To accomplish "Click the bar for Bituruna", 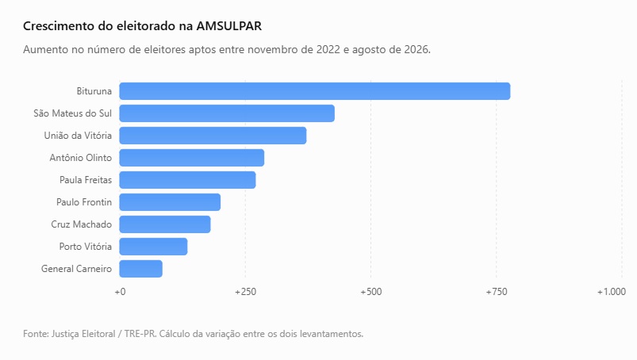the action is point(315,91).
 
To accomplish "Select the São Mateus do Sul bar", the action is point(227,113).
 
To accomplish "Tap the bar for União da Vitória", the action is point(213,136).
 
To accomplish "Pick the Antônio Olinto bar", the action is point(192,158).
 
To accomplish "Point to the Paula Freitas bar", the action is point(188,180).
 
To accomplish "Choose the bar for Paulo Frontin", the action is point(170,202).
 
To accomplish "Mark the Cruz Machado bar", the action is point(165,224).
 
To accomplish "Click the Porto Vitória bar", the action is point(154,247).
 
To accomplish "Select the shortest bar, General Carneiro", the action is point(141,269).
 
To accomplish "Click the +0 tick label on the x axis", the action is point(120,292).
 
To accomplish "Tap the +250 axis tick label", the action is point(245,292).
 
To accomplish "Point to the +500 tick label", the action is point(371,292).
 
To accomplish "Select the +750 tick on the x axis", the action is point(497,292).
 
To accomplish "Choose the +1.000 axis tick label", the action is point(611,292).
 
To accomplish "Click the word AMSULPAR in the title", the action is point(229,26).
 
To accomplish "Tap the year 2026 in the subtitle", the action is point(417,49).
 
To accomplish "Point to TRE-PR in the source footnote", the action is point(140,334).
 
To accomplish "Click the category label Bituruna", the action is point(94,91).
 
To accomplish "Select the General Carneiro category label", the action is point(76,269).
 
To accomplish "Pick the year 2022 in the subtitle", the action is point(328,49).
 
